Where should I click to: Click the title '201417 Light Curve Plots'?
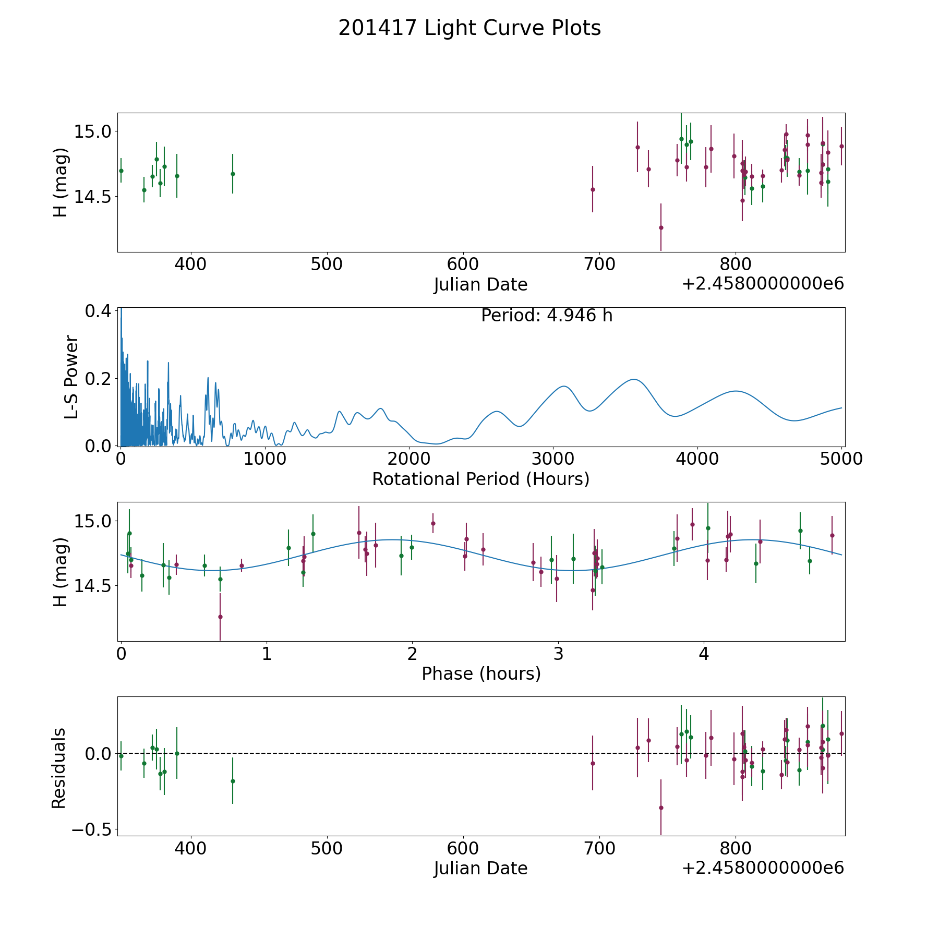tap(469, 28)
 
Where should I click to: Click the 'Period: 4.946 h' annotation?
tap(547, 316)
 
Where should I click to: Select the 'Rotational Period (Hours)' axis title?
tap(480, 479)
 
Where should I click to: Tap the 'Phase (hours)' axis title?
tap(481, 673)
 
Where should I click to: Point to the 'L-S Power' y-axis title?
tap(71, 377)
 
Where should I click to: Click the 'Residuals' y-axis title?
tap(59, 768)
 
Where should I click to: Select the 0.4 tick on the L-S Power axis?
tap(98, 311)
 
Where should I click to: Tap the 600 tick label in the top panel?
tap(463, 264)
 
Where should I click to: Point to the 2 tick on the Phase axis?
tap(412, 654)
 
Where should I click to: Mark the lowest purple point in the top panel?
tap(661, 227)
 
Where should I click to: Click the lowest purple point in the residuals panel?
tap(661, 808)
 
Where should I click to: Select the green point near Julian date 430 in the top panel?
tap(233, 174)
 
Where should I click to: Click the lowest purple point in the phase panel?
tap(220, 617)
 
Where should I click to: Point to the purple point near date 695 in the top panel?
tap(593, 189)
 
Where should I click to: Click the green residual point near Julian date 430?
tap(233, 781)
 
